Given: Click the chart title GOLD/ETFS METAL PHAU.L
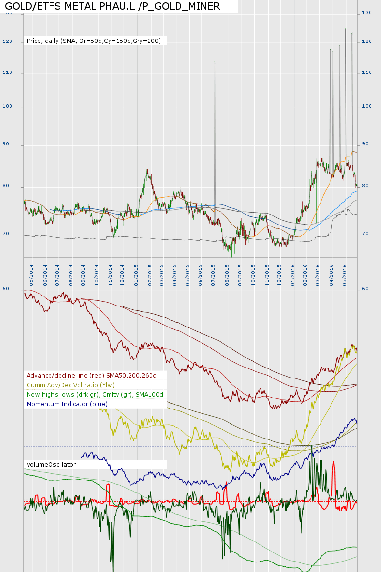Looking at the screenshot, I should [x=112, y=6].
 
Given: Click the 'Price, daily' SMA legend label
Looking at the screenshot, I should [x=94, y=41].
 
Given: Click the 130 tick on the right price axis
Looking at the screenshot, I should [x=367, y=13].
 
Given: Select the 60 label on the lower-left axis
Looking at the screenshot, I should [x=19, y=289].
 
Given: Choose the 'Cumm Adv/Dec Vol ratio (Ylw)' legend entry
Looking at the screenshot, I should [x=71, y=385].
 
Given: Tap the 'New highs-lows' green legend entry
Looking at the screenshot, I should [x=95, y=394].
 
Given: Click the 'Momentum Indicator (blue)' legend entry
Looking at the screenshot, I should [x=67, y=404].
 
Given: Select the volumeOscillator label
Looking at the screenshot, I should [x=51, y=464].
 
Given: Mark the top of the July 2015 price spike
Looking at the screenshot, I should [x=215, y=62].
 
